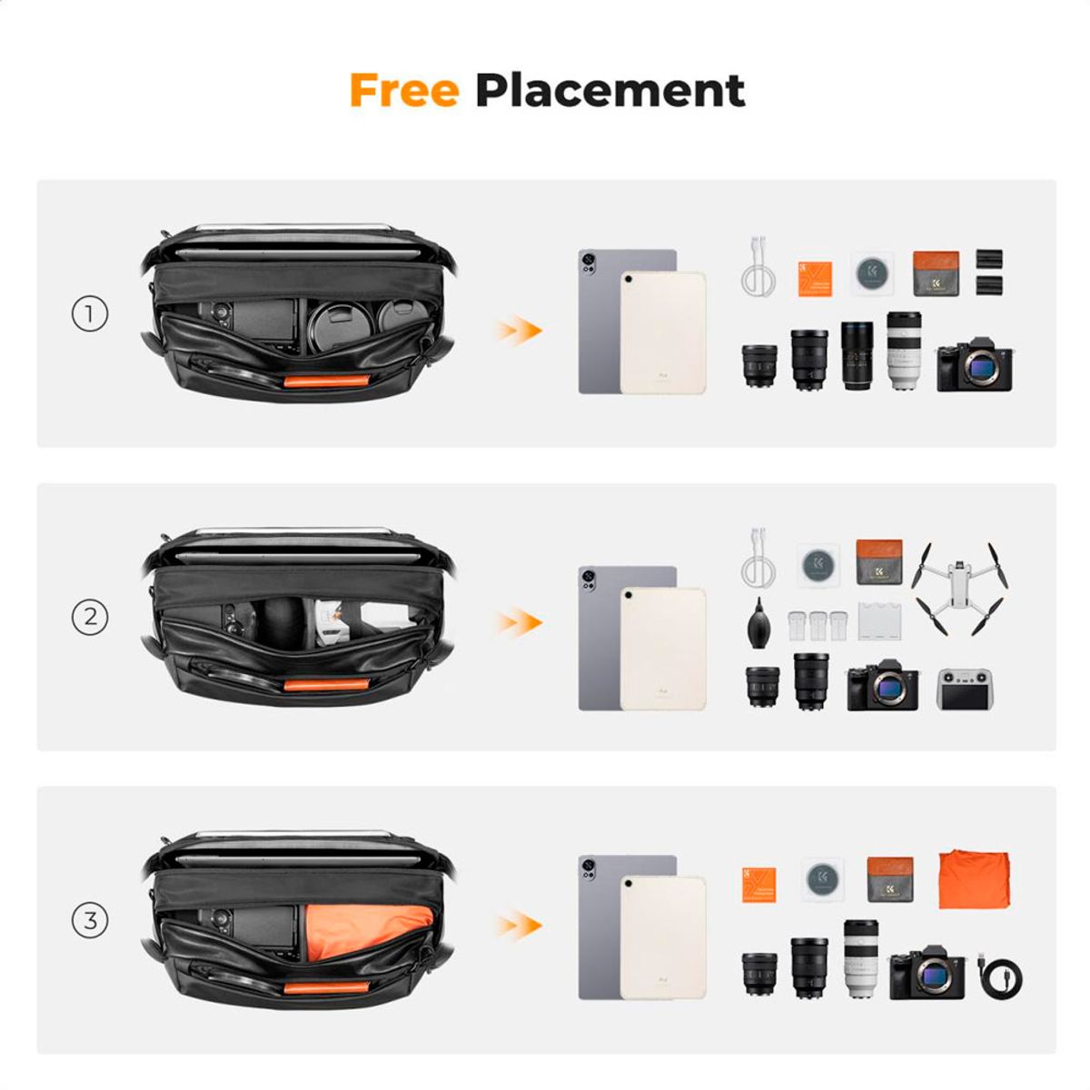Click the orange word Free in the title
point(403,90)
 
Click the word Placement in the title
point(609,90)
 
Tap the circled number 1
point(90,314)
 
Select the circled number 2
point(90,618)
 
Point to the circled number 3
point(90,921)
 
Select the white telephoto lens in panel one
point(904,351)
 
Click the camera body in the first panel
point(974,367)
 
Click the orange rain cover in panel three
point(975,878)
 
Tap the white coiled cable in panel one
point(758,268)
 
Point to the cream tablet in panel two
point(663,649)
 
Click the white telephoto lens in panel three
point(860,958)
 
